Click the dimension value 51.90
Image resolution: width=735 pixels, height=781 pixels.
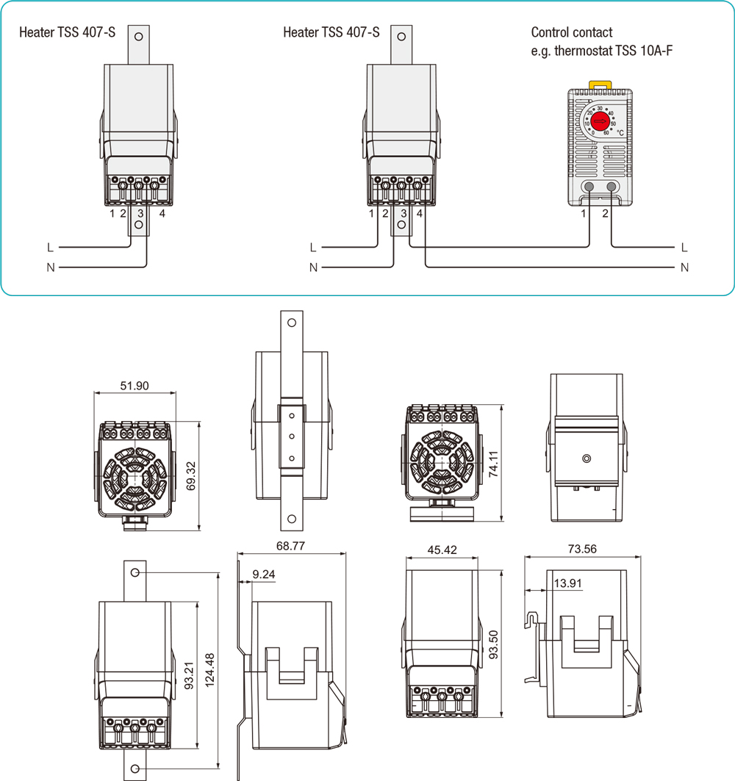point(134,386)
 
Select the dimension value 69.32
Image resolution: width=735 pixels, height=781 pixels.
point(191,475)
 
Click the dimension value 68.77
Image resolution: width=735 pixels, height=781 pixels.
point(290,546)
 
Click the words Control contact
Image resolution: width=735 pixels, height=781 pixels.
point(572,32)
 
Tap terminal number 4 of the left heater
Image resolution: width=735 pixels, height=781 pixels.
point(162,214)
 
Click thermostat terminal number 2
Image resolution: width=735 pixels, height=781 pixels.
point(606,214)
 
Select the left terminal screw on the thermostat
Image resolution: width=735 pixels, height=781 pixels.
point(589,187)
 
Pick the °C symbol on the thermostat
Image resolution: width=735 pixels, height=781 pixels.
point(620,133)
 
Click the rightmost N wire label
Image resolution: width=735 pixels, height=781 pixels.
point(685,267)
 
